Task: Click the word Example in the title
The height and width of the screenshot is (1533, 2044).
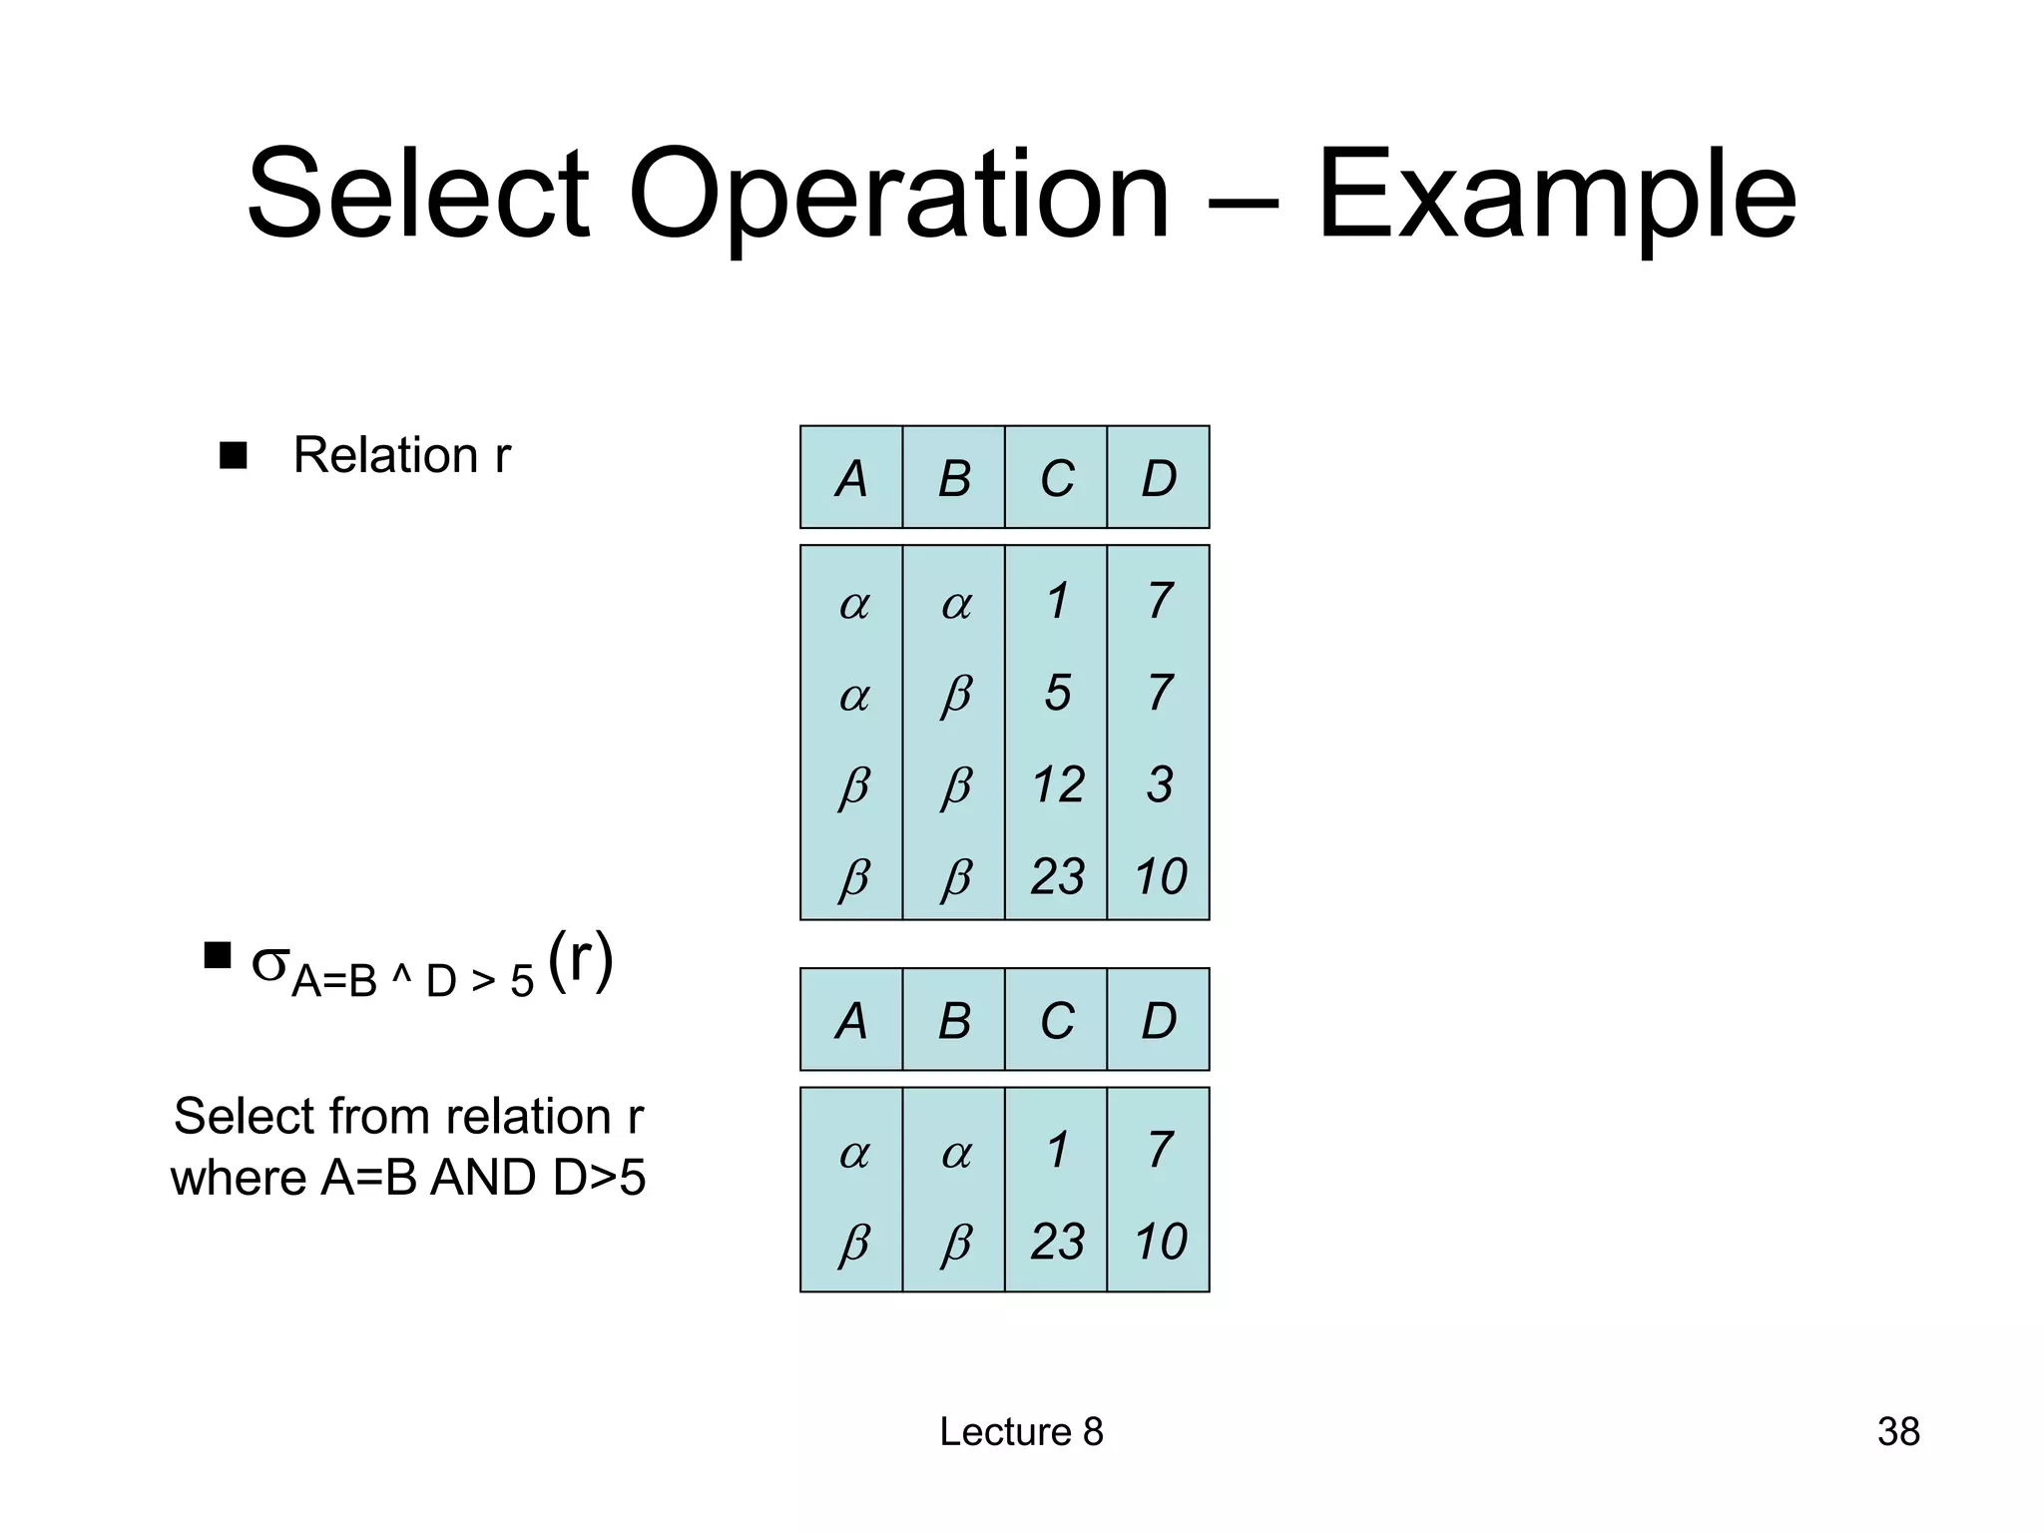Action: pos(1557,196)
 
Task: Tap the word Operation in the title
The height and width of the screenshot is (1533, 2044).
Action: pos(898,196)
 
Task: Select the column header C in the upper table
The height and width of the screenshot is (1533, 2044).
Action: pos(1057,479)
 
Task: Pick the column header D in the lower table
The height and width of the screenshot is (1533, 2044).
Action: pos(1159,1021)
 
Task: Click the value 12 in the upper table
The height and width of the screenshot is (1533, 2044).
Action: pos(1058,784)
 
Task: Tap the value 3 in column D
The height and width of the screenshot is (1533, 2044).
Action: pos(1159,784)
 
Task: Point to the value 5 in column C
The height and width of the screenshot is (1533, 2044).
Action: pos(1058,693)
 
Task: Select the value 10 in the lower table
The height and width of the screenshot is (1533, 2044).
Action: pos(1160,1242)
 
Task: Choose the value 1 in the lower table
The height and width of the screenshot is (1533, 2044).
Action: pos(1058,1150)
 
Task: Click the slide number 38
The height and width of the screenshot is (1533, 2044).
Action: pos(1898,1432)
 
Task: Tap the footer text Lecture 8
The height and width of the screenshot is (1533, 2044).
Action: pos(1021,1432)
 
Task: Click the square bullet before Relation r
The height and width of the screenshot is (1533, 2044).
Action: pos(234,456)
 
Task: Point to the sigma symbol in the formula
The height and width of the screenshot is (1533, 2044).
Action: pos(269,963)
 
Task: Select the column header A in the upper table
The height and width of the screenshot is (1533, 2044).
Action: pos(851,479)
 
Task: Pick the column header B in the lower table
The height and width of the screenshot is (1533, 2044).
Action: pos(954,1021)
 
